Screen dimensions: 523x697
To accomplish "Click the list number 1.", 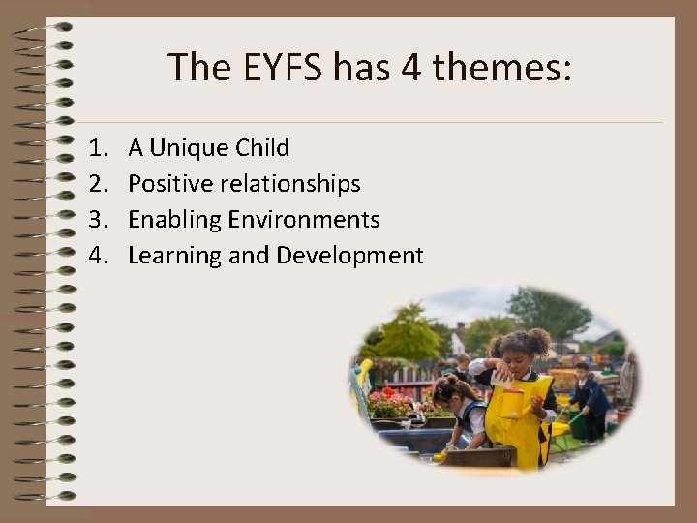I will coord(96,148).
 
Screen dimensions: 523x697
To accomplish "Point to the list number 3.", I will coord(96,220).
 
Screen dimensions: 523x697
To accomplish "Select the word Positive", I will coord(170,184).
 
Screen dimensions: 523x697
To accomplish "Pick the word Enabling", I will coord(174,220).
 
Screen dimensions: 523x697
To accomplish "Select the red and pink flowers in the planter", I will coord(392,402).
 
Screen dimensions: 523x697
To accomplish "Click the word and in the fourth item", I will coord(250,256).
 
